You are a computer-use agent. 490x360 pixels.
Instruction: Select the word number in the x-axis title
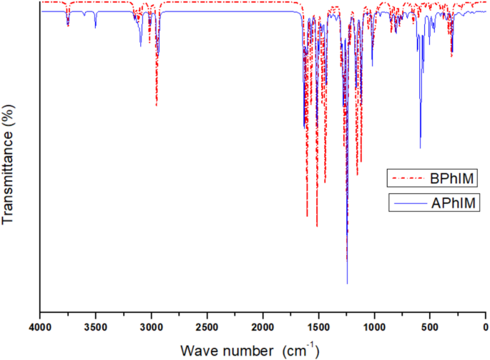point(240,350)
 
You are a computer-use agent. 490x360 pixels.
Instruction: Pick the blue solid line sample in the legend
point(407,204)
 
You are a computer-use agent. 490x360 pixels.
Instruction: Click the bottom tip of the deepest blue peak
point(348,283)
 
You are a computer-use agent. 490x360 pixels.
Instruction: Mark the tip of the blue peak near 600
point(420,148)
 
